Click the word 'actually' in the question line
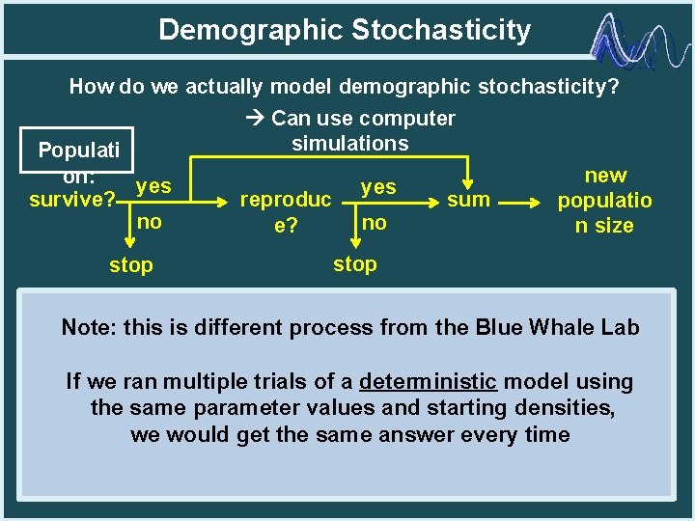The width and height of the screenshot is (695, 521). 219,88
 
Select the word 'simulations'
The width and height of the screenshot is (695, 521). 349,144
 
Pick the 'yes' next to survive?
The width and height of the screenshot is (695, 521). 153,185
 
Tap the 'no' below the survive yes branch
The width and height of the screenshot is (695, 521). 149,222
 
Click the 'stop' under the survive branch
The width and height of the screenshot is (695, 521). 130,265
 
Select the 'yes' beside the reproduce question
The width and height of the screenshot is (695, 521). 377,187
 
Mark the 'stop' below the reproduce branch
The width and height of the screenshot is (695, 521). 355,263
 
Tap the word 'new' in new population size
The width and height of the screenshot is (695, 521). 605,176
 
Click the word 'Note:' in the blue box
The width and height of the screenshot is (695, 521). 88,327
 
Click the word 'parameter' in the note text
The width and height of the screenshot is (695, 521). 248,408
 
